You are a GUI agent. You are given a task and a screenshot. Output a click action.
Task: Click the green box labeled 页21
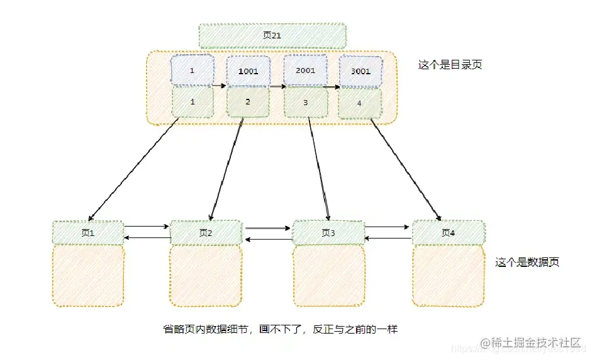click(272, 36)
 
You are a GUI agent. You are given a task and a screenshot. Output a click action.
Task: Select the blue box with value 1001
click(248, 70)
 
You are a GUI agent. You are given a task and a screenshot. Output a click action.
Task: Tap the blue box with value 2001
click(305, 70)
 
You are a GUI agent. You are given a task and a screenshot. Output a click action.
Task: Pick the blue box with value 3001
click(360, 71)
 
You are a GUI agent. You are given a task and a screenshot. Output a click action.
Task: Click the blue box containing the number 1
click(192, 70)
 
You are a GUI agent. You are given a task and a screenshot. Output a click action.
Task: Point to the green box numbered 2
click(248, 102)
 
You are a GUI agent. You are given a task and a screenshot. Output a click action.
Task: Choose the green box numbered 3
click(305, 102)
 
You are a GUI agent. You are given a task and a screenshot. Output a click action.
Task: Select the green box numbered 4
click(359, 103)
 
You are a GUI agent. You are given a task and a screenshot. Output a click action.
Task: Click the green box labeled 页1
click(88, 232)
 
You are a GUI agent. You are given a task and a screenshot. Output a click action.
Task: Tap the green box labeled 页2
click(206, 232)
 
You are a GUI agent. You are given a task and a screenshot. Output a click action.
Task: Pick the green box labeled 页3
click(328, 232)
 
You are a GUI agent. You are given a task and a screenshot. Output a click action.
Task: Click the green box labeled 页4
click(448, 232)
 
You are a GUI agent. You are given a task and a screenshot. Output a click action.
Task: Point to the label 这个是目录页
click(450, 65)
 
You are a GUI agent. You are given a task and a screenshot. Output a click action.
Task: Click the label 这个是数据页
click(527, 262)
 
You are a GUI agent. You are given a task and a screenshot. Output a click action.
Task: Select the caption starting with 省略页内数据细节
click(280, 329)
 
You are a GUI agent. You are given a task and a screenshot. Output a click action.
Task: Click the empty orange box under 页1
click(88, 276)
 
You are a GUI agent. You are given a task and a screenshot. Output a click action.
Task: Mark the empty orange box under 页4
click(448, 276)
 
